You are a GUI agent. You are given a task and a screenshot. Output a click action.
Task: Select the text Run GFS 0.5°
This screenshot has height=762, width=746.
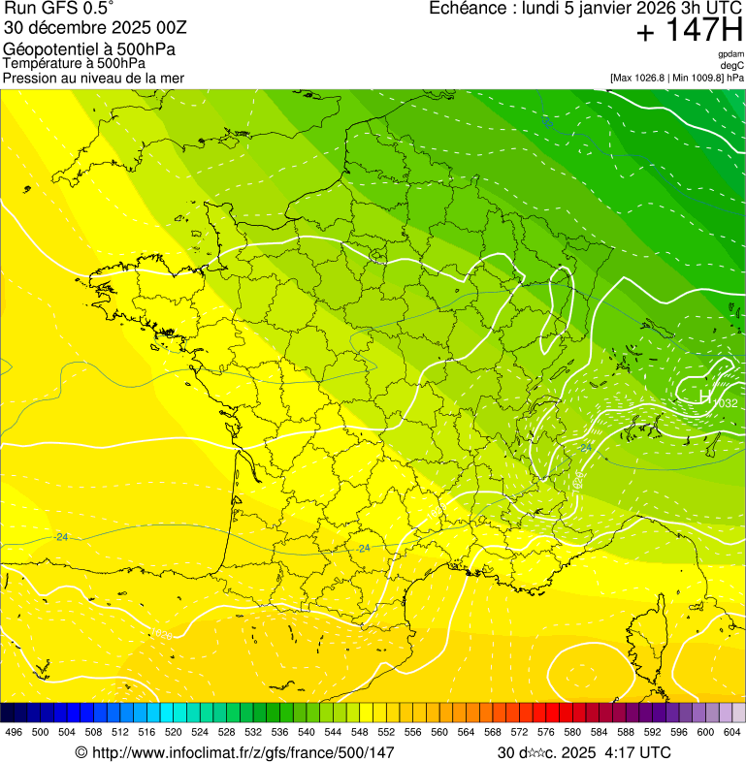tap(59, 10)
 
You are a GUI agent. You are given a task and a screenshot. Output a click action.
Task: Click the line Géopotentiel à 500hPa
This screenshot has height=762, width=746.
tap(89, 49)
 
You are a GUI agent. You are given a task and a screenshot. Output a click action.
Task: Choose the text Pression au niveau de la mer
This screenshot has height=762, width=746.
tap(93, 78)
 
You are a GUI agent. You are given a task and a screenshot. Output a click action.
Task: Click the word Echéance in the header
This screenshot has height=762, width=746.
tap(465, 9)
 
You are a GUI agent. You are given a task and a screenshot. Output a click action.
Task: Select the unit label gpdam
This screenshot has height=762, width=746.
tap(730, 54)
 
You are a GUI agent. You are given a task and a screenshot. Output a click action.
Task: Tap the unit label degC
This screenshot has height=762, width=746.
tap(732, 65)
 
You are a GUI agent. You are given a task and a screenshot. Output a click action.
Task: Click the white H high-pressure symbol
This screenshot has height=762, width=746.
tap(706, 396)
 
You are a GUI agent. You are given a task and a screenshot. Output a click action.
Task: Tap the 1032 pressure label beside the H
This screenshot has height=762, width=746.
tap(725, 403)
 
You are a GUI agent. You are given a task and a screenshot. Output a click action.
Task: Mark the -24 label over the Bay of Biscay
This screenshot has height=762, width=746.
tap(62, 536)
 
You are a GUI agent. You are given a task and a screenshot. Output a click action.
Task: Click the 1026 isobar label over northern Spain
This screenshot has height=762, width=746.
tap(162, 635)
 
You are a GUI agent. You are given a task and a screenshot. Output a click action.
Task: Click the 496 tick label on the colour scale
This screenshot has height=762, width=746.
tap(14, 732)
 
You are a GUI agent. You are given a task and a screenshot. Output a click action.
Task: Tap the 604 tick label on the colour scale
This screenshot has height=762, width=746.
tap(732, 732)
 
